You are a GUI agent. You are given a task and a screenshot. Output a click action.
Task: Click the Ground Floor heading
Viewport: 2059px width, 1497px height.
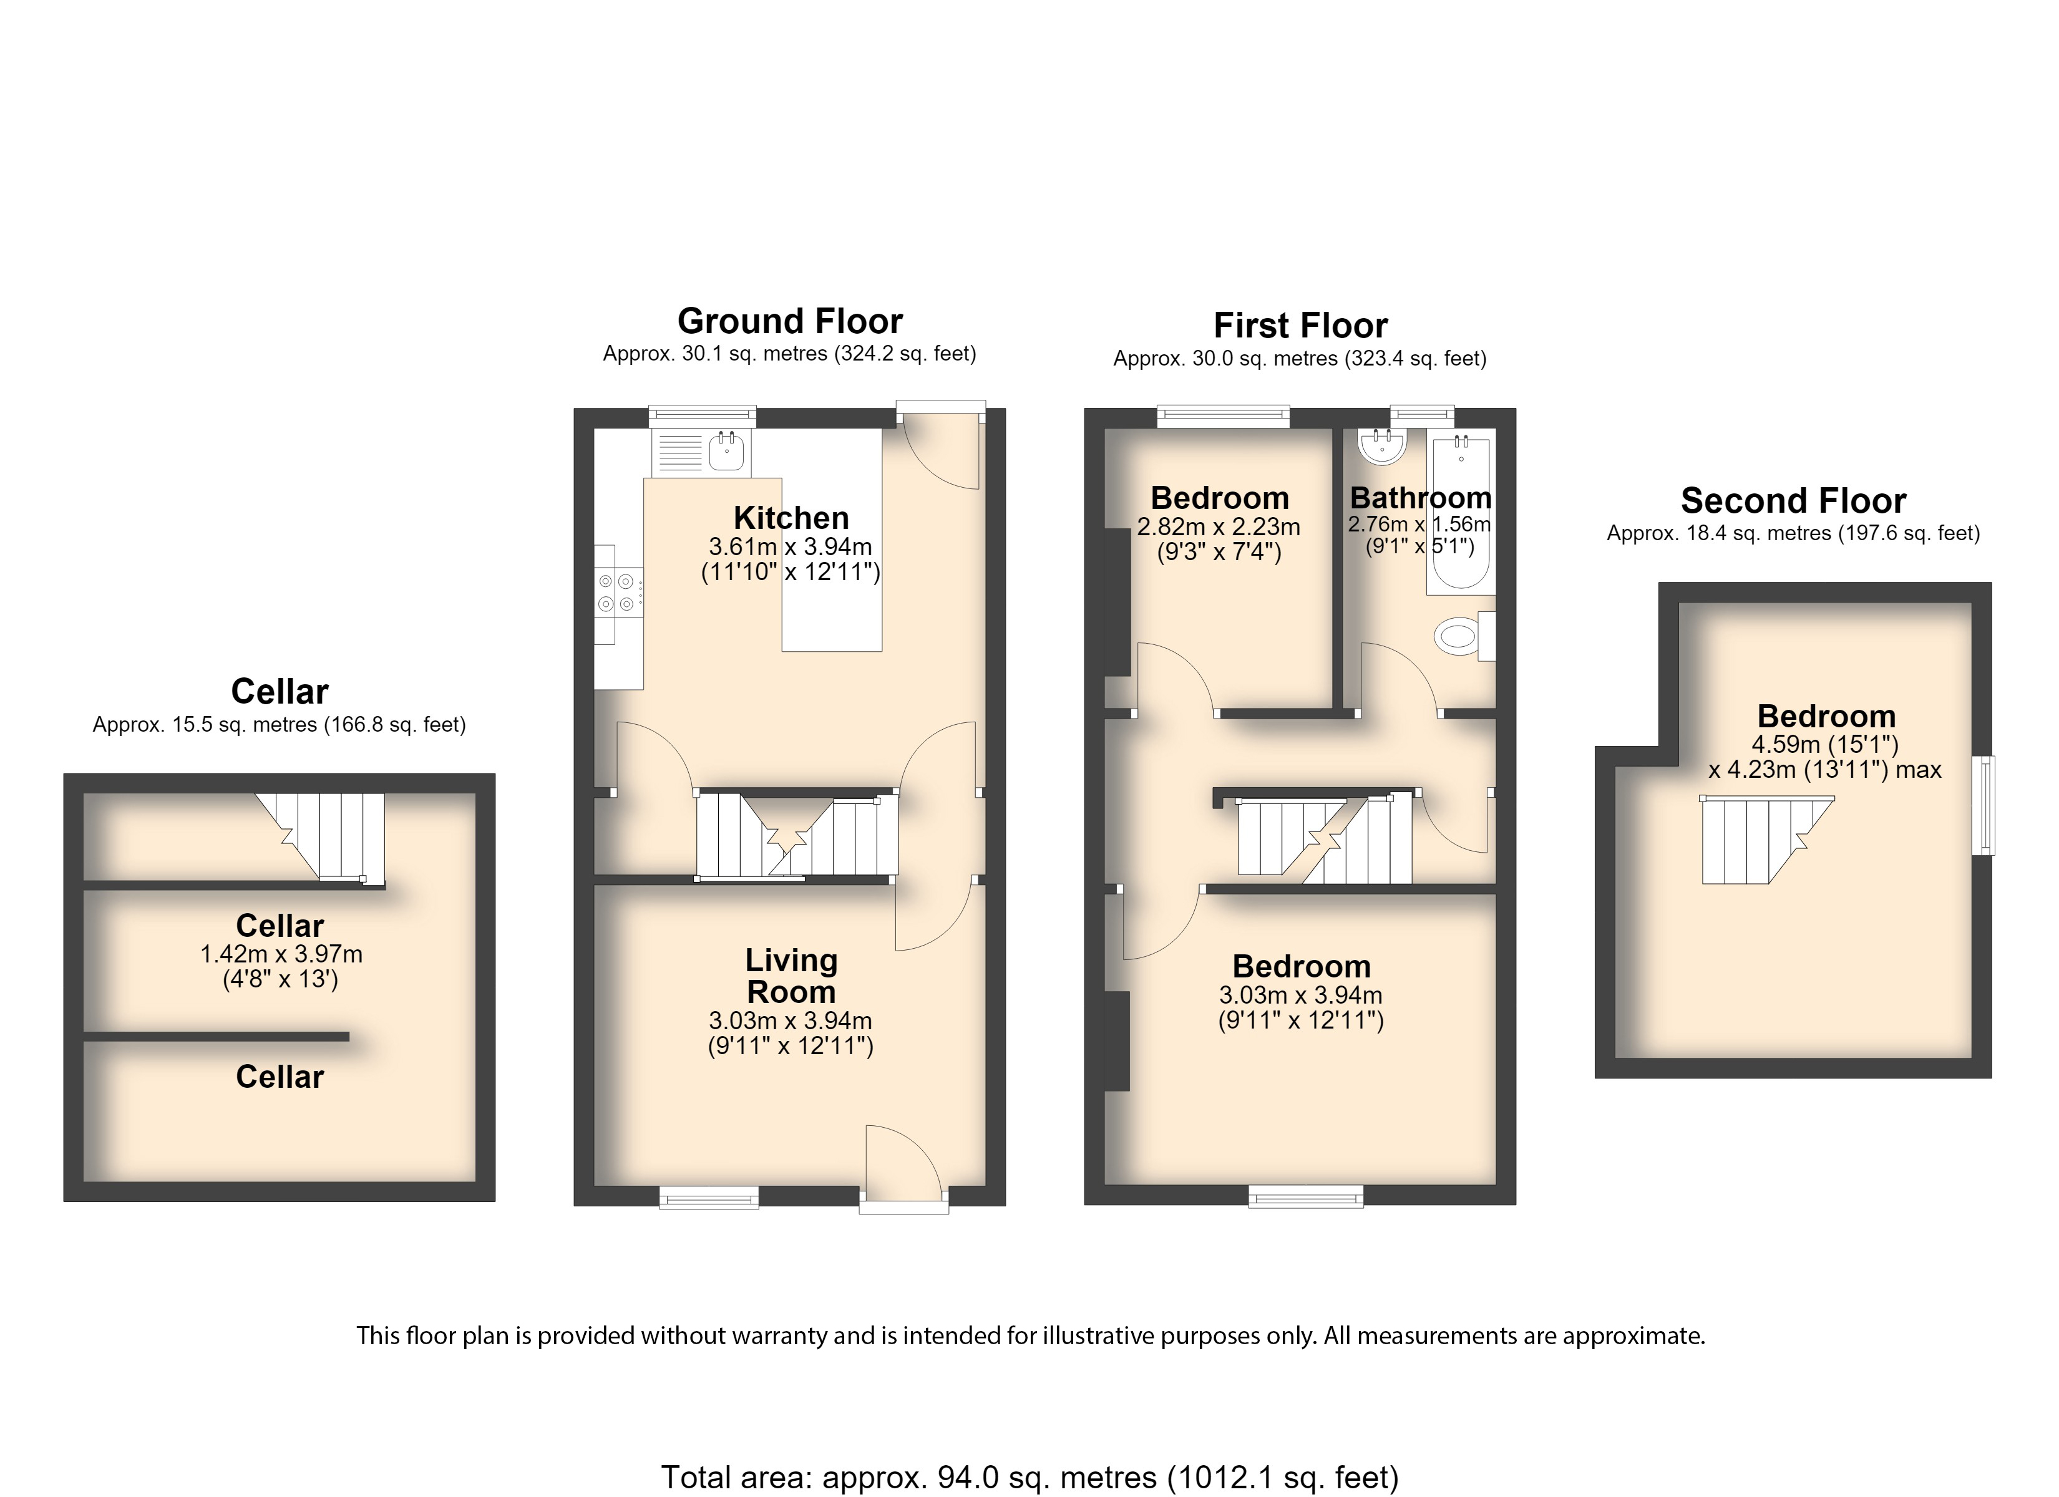coord(790,321)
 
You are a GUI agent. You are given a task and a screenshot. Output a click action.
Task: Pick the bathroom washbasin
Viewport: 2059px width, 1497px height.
coord(1382,446)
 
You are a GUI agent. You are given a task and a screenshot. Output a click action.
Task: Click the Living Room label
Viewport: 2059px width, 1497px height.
coord(791,976)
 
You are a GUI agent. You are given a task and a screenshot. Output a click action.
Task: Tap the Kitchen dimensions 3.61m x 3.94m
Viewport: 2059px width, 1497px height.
coord(791,546)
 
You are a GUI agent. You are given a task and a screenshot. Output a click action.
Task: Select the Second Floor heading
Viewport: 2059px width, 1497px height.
coord(1793,501)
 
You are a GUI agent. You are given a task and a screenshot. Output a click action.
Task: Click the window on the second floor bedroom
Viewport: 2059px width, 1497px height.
coord(1987,805)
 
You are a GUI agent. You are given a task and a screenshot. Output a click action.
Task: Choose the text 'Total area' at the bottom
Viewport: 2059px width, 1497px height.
coord(736,1477)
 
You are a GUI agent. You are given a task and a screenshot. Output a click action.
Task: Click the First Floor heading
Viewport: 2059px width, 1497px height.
coord(1300,326)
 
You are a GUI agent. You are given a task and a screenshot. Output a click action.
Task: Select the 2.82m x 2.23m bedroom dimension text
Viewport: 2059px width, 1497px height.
coord(1219,526)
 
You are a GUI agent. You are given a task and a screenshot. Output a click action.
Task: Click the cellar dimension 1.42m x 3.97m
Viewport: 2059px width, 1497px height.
coord(281,954)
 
